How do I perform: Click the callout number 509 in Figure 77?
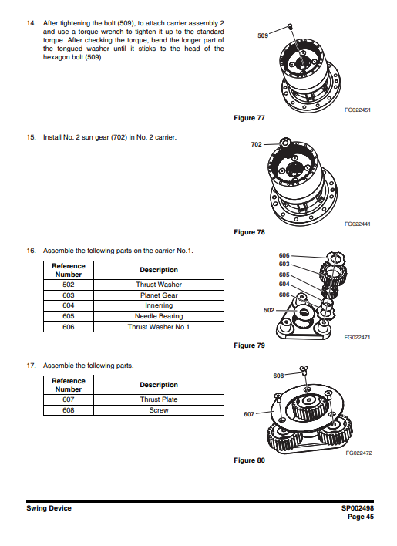(x=263, y=35)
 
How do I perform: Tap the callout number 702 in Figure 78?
(x=257, y=144)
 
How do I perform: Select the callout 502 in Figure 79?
(x=269, y=310)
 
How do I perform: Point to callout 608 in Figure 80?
(x=278, y=376)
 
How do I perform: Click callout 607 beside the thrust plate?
(x=249, y=414)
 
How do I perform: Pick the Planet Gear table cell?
(x=159, y=295)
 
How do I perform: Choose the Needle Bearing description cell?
(x=159, y=316)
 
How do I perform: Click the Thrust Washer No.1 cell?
(x=159, y=327)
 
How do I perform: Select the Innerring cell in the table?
(x=159, y=305)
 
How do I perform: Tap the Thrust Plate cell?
(x=159, y=399)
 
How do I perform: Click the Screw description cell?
(x=159, y=410)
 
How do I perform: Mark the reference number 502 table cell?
(x=69, y=285)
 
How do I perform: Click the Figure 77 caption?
(x=249, y=118)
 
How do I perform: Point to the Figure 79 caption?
(x=249, y=345)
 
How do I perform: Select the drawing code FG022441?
(x=358, y=224)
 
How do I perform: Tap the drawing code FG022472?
(x=358, y=453)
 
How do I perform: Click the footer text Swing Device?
(x=49, y=508)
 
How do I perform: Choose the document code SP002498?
(x=358, y=508)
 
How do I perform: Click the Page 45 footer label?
(x=361, y=517)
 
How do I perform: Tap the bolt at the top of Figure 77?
(x=290, y=26)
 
